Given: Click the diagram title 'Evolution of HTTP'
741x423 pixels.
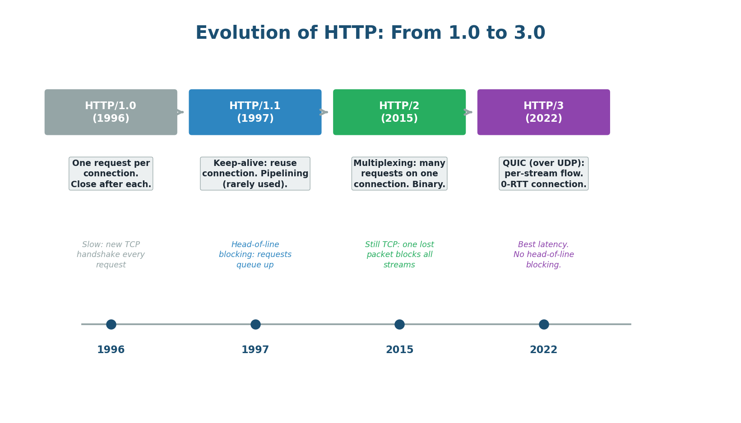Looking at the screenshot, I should (x=370, y=33).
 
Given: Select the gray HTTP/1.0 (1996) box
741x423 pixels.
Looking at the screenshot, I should (x=111, y=112).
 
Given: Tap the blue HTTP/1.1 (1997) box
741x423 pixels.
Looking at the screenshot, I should (x=255, y=112).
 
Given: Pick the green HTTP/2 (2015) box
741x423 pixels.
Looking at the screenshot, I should (x=399, y=112).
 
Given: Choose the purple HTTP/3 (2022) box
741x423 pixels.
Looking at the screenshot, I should (x=543, y=112).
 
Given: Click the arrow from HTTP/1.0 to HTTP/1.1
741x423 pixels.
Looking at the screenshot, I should (x=181, y=112).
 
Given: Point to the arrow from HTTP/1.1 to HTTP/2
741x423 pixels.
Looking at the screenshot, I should (x=324, y=112).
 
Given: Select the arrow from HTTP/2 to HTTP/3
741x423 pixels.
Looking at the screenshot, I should (x=468, y=112).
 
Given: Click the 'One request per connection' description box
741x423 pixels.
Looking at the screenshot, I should (x=111, y=174).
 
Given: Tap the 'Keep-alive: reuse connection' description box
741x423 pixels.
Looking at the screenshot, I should (x=255, y=174).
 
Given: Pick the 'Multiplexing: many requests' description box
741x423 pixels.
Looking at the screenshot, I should (x=399, y=174).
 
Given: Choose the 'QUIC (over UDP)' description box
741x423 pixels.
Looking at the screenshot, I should (x=543, y=174).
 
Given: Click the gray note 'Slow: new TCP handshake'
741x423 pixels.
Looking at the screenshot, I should (x=111, y=255).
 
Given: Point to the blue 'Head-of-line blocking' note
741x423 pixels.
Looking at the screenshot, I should (x=255, y=255).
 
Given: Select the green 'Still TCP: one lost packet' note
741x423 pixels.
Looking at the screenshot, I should (x=399, y=255).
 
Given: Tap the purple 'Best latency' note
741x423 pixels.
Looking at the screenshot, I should (x=543, y=255).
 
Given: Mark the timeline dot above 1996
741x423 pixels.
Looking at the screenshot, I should (x=111, y=324).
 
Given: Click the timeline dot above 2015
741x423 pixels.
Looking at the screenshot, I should (x=399, y=324).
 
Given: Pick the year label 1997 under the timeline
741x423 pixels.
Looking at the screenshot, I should (x=255, y=350).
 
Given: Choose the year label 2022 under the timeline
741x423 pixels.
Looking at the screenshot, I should (x=543, y=350).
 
